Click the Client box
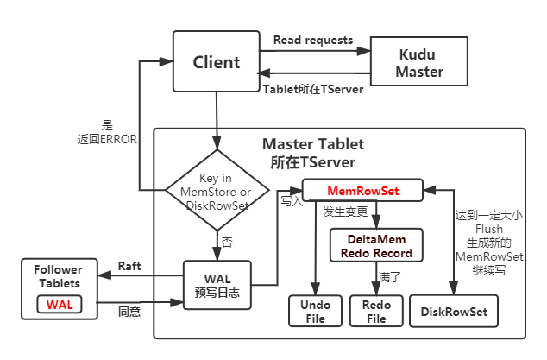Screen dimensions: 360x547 click(217, 61)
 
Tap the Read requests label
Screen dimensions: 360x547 click(313, 41)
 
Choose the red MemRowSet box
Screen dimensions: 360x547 click(362, 188)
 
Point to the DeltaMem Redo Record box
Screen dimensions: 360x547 click(376, 246)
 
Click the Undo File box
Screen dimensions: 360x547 click(315, 312)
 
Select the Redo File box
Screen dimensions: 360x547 click(376, 312)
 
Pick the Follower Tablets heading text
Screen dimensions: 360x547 click(59, 276)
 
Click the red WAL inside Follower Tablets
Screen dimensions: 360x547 click(59, 305)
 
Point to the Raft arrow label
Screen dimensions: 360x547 click(129, 268)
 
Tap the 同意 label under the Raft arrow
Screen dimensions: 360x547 click(129, 308)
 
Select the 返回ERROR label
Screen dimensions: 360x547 click(106, 138)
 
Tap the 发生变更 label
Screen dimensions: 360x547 click(345, 212)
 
